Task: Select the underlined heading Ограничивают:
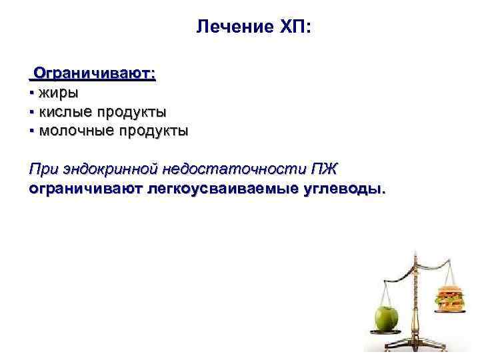click(95, 73)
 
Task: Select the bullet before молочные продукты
click(32, 131)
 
